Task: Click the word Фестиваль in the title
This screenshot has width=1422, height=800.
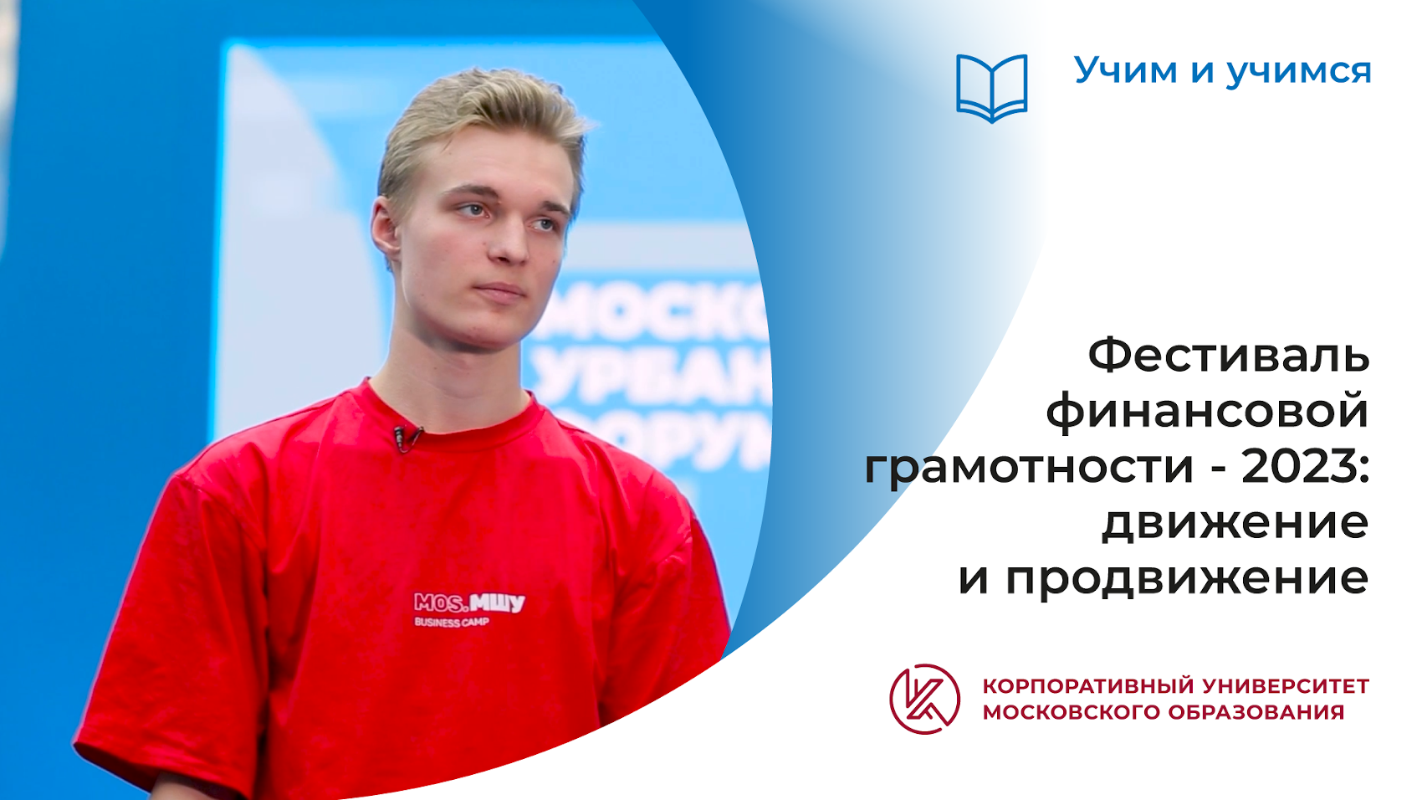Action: [1228, 355]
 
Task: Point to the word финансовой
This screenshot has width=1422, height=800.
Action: [1207, 412]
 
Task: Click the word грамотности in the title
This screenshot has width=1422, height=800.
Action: [1028, 466]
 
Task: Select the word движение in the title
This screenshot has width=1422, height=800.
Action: [1235, 522]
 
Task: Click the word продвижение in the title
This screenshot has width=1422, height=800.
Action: [1187, 578]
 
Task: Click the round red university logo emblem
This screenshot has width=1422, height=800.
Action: [924, 699]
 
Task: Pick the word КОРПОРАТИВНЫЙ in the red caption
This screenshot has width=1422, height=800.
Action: [1088, 686]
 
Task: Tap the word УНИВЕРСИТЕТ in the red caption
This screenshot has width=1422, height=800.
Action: [1286, 686]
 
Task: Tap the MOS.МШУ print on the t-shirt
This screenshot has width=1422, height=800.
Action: [469, 603]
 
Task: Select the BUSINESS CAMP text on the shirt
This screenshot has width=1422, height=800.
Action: [452, 623]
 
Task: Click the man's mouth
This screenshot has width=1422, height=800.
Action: [500, 290]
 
